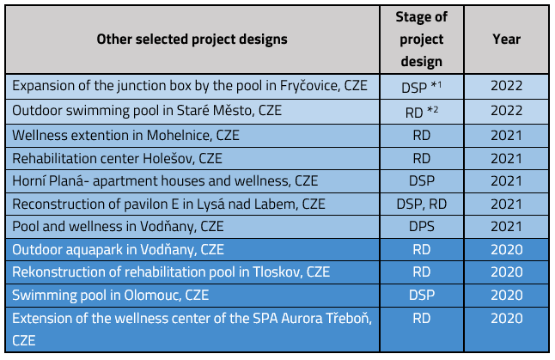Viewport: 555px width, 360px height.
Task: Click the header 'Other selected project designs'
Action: [x=192, y=39]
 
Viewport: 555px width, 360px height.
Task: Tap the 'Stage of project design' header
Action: [x=421, y=39]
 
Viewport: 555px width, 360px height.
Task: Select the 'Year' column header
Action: [x=506, y=39]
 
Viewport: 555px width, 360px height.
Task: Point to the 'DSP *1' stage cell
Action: [x=421, y=87]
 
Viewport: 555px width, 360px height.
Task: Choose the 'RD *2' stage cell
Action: [x=421, y=112]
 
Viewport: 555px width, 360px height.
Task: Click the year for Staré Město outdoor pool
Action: [x=506, y=111]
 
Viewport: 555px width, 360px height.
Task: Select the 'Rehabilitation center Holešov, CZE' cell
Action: [x=117, y=159]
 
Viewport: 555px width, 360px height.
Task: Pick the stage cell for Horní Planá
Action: [x=421, y=181]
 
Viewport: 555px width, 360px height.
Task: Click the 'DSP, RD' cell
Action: [x=421, y=204]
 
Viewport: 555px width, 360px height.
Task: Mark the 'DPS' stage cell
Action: [x=421, y=227]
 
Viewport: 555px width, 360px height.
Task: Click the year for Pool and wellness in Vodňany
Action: [x=506, y=227]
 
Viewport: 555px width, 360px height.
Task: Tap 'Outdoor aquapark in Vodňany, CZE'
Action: [x=118, y=250]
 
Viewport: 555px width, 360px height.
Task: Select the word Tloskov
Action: [x=277, y=272]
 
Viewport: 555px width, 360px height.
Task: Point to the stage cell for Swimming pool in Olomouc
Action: [x=421, y=295]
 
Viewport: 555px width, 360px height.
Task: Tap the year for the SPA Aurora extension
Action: [x=506, y=319]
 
